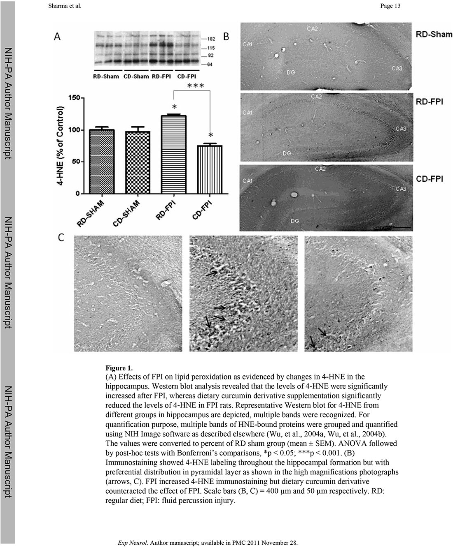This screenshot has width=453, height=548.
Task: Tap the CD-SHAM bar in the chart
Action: tap(138, 162)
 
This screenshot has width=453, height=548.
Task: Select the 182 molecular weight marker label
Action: tap(210, 39)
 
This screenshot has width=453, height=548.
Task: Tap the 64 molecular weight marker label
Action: tap(210, 65)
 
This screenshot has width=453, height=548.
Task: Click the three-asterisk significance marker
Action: tap(196, 86)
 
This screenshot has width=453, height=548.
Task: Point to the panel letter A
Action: tap(58, 37)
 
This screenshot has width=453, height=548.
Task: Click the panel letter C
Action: tap(61, 238)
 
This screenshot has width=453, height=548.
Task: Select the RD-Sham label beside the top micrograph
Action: tap(434, 34)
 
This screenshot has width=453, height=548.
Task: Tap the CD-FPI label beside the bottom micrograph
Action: tap(430, 179)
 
